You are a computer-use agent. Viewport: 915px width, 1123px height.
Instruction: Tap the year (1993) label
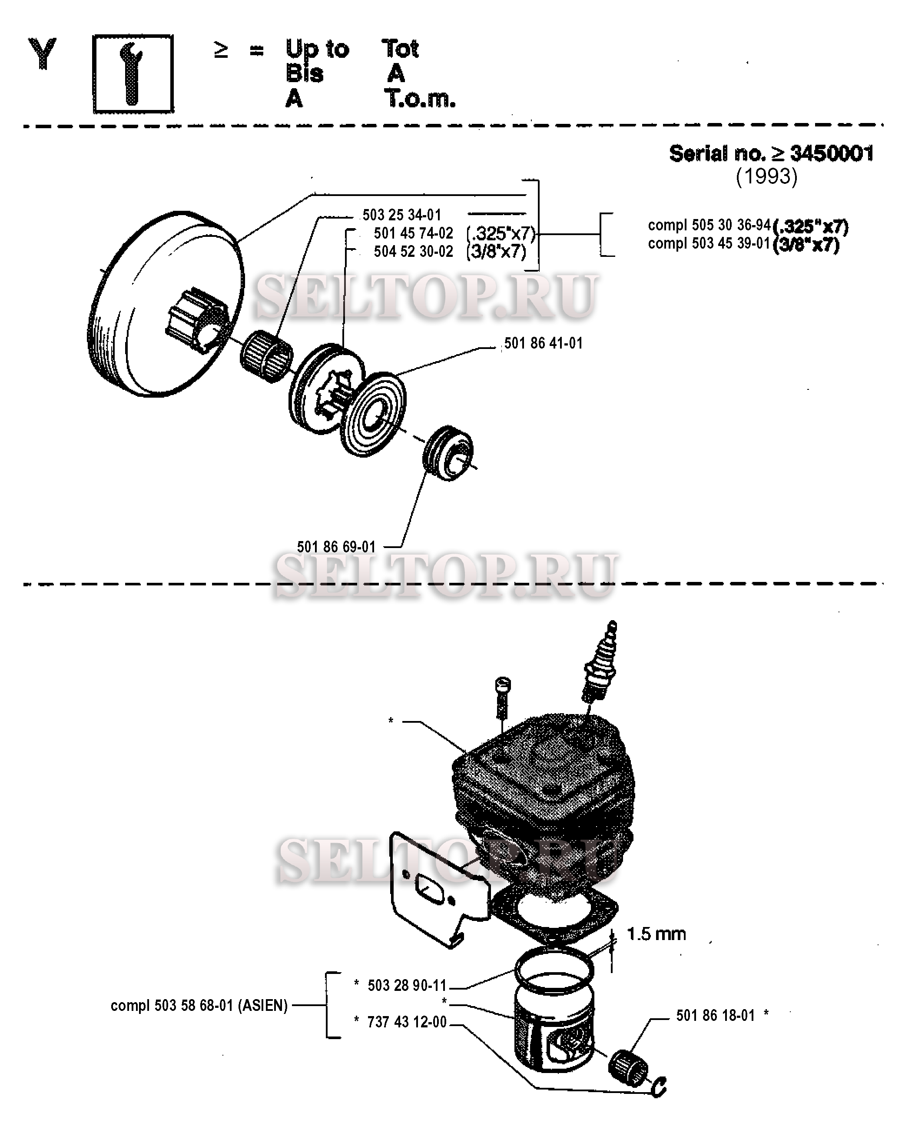click(766, 176)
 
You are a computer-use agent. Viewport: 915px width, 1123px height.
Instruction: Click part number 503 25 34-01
click(401, 215)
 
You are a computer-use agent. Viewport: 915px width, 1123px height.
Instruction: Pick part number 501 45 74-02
click(413, 233)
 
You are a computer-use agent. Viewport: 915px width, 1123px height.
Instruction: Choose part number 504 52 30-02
click(413, 252)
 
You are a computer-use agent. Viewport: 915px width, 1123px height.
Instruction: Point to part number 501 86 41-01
click(544, 343)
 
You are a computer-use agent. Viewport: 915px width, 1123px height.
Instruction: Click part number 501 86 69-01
click(336, 547)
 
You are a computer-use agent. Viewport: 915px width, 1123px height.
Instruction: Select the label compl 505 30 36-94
click(709, 225)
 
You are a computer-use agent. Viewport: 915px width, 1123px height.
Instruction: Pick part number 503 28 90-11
click(407, 985)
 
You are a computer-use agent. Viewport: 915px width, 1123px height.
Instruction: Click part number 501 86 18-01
click(715, 1016)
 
